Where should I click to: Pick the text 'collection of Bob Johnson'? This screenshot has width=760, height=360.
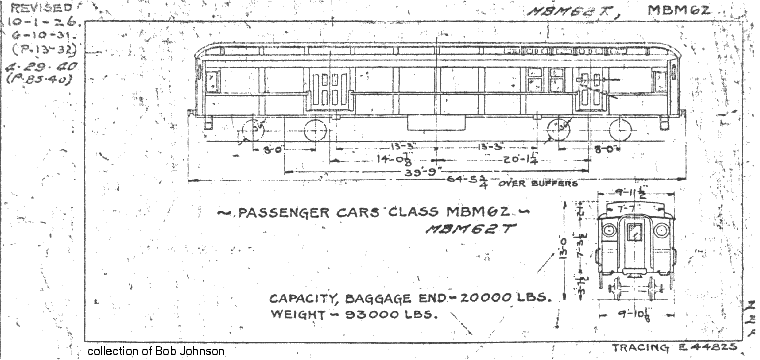pos(156,351)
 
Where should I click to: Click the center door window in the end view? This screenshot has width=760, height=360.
pos(632,233)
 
